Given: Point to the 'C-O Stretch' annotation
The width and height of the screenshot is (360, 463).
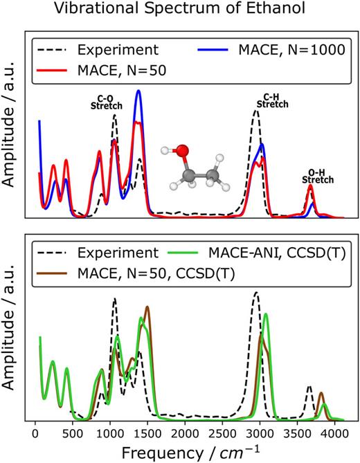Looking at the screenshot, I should (x=107, y=102).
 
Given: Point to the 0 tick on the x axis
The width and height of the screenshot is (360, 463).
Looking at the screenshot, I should (x=35, y=433).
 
